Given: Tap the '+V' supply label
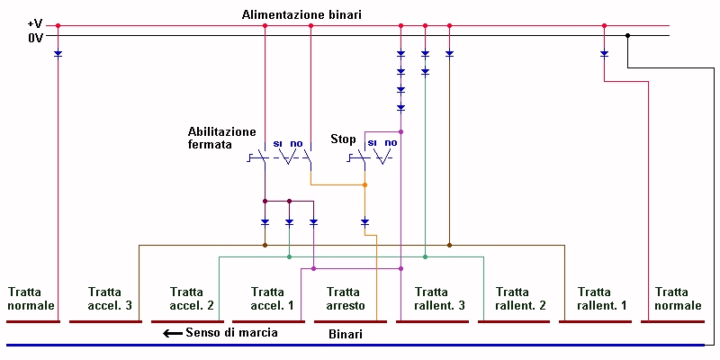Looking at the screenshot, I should [x=34, y=23].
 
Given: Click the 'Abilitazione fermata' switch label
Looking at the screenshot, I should [x=222, y=138].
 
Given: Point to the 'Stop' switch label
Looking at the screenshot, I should [x=344, y=139].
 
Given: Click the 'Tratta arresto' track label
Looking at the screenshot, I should [x=345, y=299].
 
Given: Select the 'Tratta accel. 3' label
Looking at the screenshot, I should [x=111, y=299].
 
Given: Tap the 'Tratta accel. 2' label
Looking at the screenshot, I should [x=192, y=299].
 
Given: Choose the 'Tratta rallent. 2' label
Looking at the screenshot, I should [x=513, y=299].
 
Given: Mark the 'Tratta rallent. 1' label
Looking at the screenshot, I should [x=594, y=299].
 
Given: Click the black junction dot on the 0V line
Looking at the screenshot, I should [x=628, y=36].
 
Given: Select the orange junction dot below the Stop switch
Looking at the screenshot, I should [x=364, y=185].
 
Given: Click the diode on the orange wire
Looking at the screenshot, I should [x=364, y=221].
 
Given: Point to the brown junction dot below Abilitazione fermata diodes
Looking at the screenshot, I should [x=265, y=244].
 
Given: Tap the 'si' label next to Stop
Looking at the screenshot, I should [x=370, y=142].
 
